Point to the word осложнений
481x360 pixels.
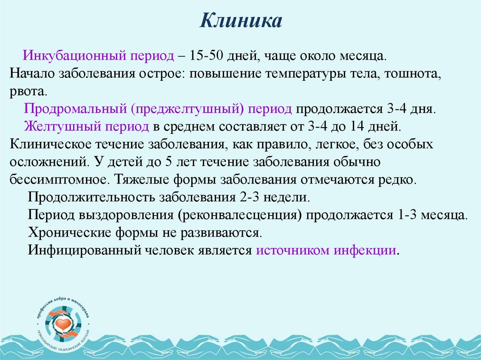(x=46, y=161)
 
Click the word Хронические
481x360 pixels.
(x=66, y=232)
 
